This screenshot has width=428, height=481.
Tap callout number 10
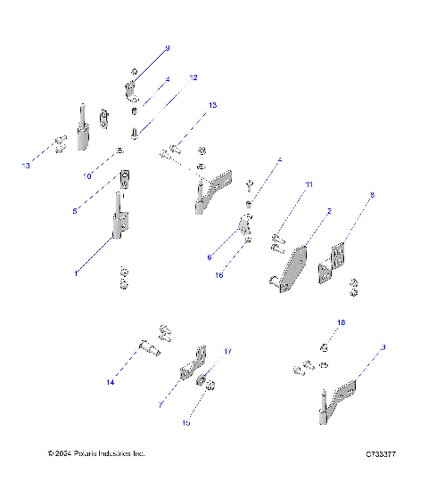tap(87, 176)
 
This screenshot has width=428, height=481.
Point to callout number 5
tap(75, 210)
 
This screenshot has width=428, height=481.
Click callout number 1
tap(77, 273)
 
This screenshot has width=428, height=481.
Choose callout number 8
tap(372, 194)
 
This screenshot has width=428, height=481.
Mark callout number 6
tap(210, 257)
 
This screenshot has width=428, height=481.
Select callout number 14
tap(111, 382)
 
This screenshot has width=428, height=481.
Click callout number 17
tap(227, 351)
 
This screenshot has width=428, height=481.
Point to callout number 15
tap(186, 423)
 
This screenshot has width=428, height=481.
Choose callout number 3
tap(382, 346)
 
